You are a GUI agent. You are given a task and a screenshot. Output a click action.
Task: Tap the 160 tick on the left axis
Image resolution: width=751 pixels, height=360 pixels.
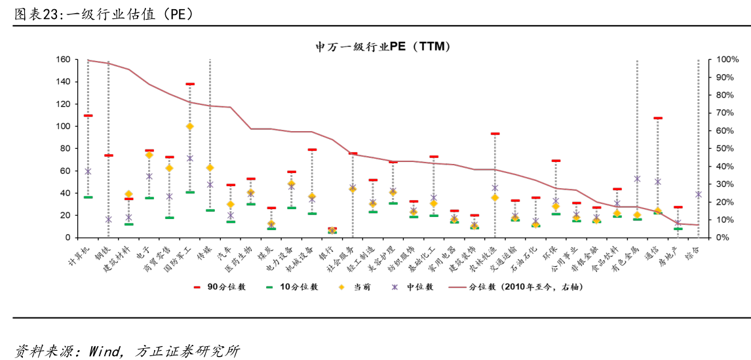[63, 60]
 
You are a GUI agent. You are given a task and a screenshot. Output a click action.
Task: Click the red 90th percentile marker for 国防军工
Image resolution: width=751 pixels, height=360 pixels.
[190, 84]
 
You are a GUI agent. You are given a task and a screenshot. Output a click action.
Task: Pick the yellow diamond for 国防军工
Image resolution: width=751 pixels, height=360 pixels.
[190, 126]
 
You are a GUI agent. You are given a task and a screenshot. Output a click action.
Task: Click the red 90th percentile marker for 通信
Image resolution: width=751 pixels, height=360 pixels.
[657, 118]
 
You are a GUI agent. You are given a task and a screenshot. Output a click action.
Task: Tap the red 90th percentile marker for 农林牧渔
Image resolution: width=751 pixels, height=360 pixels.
[495, 134]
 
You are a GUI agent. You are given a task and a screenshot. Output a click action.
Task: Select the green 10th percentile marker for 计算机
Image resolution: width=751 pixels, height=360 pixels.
[88, 197]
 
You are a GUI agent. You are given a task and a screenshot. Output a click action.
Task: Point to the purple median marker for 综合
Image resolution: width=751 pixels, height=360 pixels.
[699, 194]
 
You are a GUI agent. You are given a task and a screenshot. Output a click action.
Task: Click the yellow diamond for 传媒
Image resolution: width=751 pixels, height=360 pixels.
[210, 168]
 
